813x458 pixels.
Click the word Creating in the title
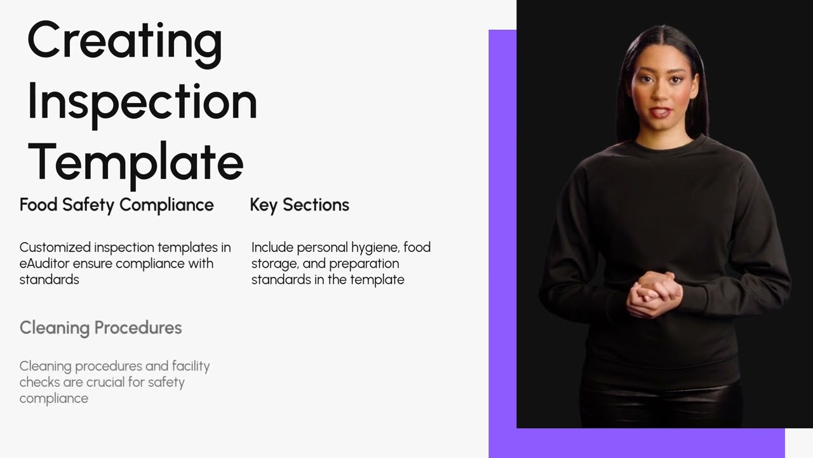tap(125, 44)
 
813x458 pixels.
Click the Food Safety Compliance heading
tap(116, 205)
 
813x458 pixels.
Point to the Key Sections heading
tap(299, 205)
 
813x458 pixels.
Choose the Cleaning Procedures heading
tap(100, 328)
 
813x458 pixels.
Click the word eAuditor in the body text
tap(44, 263)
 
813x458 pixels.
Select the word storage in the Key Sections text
tap(275, 264)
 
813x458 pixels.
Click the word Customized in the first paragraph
tap(55, 247)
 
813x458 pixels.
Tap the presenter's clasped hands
tap(654, 295)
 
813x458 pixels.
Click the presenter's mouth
tap(661, 112)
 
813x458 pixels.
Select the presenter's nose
tap(662, 93)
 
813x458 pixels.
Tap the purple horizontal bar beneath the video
tap(637, 443)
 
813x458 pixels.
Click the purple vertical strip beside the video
tap(502, 229)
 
